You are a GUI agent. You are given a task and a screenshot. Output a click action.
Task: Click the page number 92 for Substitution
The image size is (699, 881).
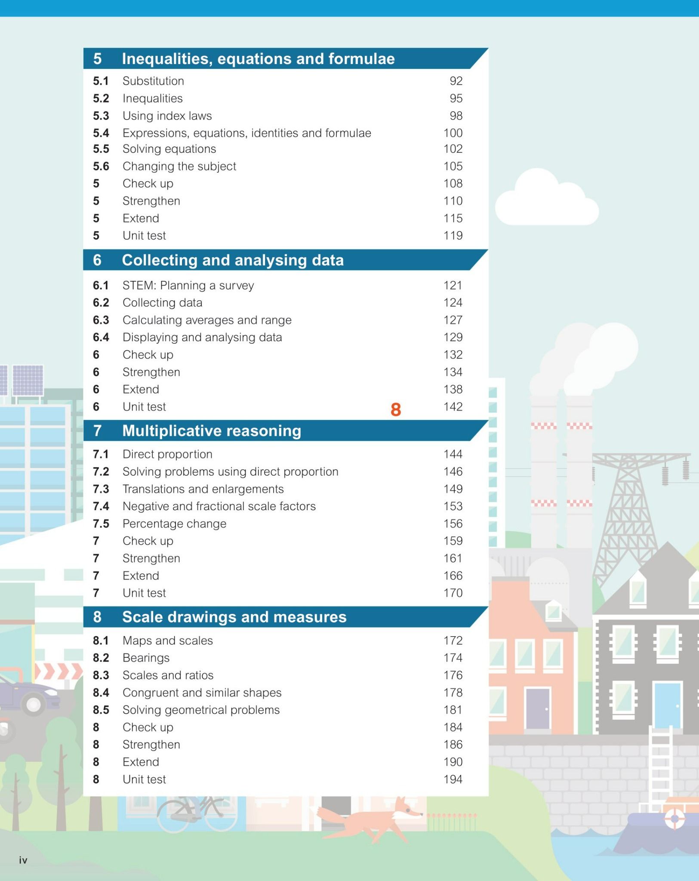456,81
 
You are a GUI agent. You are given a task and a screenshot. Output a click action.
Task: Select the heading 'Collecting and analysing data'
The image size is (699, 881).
233,260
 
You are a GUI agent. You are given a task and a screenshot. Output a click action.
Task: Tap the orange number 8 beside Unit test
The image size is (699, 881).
396,410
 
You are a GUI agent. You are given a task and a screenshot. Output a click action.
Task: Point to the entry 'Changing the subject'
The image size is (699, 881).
179,166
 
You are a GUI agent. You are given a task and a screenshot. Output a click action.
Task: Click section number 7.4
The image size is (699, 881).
101,506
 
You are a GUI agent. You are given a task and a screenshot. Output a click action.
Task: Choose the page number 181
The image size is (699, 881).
453,710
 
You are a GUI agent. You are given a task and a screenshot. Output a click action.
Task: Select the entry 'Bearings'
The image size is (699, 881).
146,658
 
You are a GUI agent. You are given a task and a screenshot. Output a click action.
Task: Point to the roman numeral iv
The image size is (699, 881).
23,860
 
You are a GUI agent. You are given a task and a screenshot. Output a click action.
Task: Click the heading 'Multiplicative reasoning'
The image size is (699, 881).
212,431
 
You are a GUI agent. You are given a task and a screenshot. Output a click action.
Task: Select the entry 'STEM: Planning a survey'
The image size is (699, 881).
188,286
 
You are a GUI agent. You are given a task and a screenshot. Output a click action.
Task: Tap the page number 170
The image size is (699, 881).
453,593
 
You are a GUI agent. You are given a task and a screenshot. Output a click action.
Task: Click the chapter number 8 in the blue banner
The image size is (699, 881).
97,617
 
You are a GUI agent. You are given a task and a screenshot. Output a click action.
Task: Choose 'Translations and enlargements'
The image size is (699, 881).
203,489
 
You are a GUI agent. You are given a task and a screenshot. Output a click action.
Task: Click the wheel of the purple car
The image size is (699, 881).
34,704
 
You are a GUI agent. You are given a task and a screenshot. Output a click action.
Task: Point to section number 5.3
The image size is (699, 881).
101,116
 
